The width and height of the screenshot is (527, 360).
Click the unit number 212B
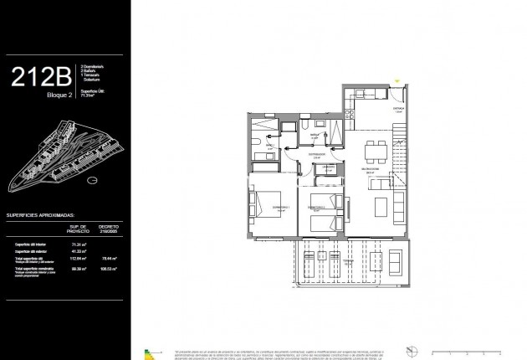[39, 78]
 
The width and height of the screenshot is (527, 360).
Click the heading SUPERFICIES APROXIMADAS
[52, 214]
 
